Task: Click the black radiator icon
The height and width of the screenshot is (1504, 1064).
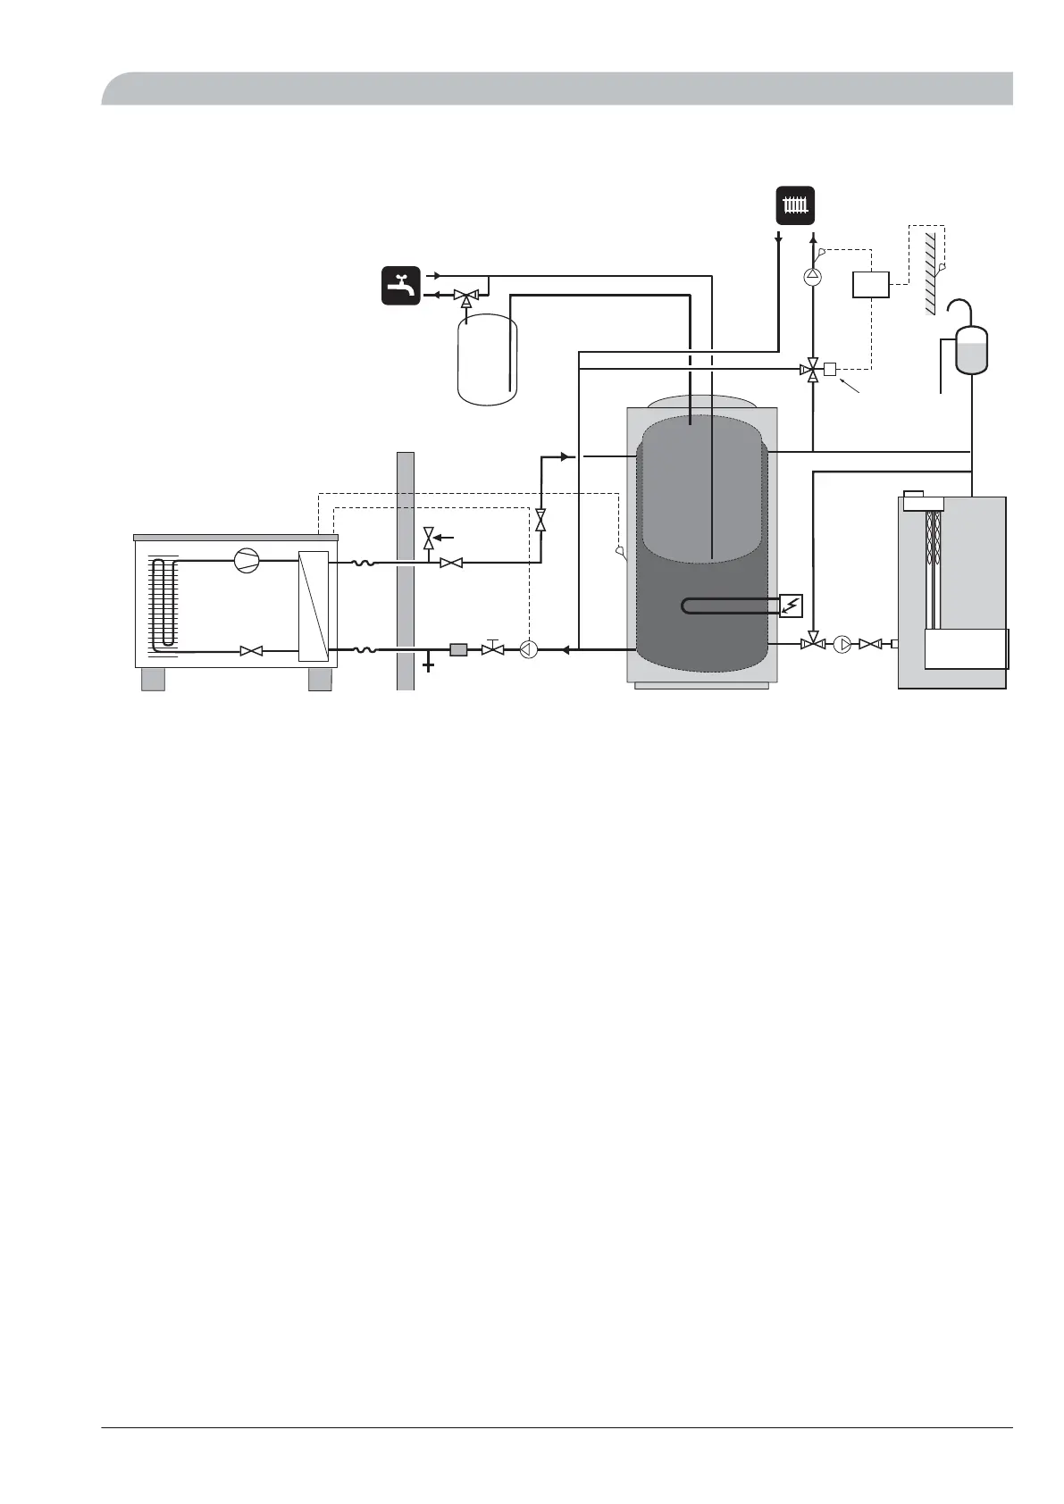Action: click(794, 206)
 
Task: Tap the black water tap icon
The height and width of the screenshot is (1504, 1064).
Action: click(401, 286)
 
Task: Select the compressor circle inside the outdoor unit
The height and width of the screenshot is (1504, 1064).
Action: click(245, 561)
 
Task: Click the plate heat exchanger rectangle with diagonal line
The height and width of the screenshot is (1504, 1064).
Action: click(314, 607)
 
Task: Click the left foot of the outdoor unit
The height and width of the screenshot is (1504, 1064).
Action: click(153, 679)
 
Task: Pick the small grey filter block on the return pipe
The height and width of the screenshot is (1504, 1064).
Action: click(458, 649)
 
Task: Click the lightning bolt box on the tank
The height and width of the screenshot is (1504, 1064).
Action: click(792, 606)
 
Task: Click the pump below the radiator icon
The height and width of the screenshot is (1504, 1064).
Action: click(812, 276)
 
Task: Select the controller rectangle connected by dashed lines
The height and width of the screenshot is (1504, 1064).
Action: click(870, 284)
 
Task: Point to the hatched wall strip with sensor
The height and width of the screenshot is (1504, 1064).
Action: click(930, 268)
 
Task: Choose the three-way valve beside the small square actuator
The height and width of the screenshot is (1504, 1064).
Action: click(812, 369)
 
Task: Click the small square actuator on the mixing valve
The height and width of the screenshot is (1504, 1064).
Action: click(829, 369)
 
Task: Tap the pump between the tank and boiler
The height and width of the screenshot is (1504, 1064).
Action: click(842, 643)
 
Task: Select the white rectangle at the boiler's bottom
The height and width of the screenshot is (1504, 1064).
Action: click(966, 648)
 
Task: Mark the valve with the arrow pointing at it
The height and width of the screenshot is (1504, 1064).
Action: click(428, 539)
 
